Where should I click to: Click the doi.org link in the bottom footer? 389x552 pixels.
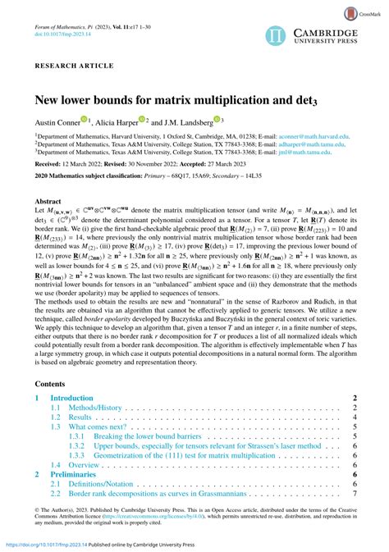coord(44,544)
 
